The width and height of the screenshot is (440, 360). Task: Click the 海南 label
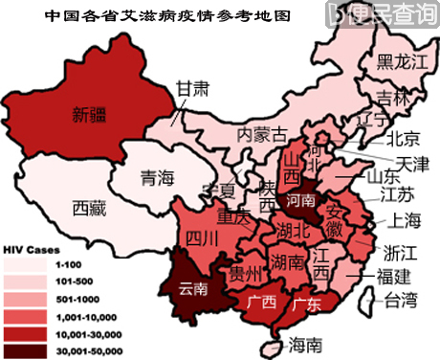(x=305, y=342)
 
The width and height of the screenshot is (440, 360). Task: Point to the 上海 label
(x=405, y=220)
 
